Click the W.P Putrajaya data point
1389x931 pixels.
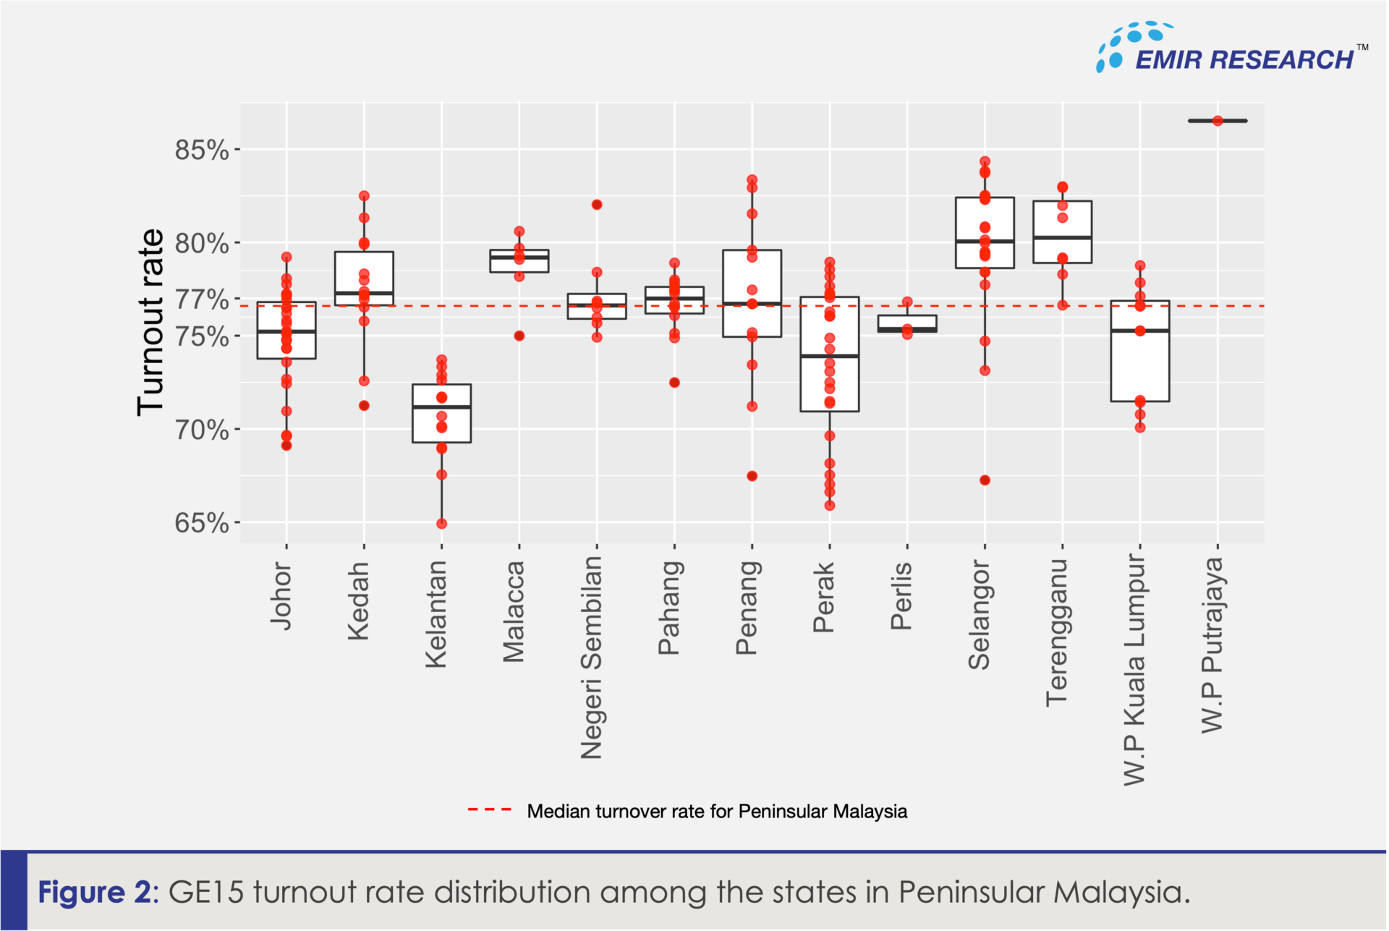(1218, 121)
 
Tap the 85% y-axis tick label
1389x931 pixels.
(201, 150)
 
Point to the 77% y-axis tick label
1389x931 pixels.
(201, 299)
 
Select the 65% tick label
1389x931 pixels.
(201, 522)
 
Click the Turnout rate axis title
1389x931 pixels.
(150, 322)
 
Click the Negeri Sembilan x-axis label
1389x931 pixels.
(592, 657)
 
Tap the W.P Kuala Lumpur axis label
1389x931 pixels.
(1134, 669)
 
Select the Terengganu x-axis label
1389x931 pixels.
(1057, 632)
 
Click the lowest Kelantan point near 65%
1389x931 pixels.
(441, 524)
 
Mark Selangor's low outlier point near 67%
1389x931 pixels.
(985, 480)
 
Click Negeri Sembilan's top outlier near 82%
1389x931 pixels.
(597, 205)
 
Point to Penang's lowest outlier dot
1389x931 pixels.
(752, 476)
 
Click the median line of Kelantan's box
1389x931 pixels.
(441, 407)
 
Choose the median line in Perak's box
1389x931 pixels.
(829, 356)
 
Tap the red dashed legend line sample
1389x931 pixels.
(490, 810)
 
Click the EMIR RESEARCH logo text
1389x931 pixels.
(1244, 59)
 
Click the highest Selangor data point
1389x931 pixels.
(985, 161)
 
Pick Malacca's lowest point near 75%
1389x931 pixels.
(519, 336)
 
